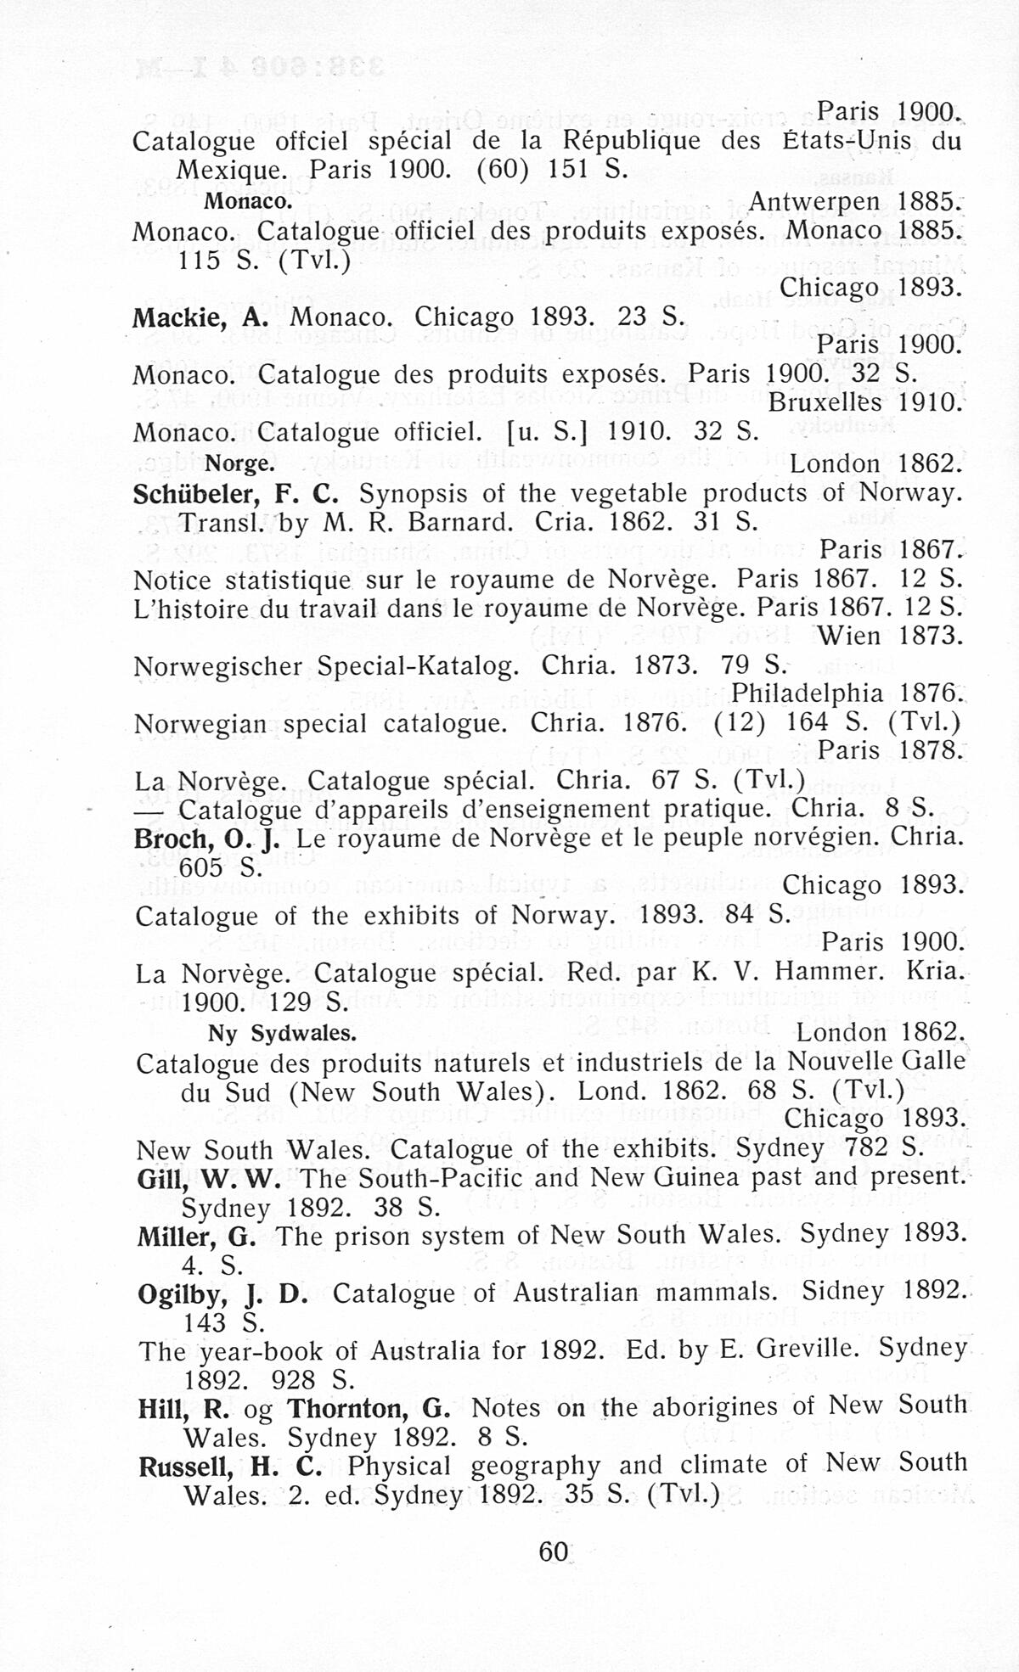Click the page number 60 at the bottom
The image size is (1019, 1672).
(x=553, y=1551)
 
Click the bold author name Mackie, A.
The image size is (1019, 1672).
(x=200, y=317)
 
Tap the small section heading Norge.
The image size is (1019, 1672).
(x=240, y=464)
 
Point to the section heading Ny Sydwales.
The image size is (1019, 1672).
(x=281, y=1034)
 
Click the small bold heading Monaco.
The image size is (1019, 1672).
(x=248, y=202)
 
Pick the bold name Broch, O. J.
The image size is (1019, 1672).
(x=208, y=839)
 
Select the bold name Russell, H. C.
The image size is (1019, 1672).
(x=230, y=1466)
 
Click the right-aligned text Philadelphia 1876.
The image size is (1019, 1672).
(x=846, y=693)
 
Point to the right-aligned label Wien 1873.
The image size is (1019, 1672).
(x=889, y=635)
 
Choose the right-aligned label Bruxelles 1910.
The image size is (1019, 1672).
(x=864, y=402)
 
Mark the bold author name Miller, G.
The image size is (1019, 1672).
(x=196, y=1236)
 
